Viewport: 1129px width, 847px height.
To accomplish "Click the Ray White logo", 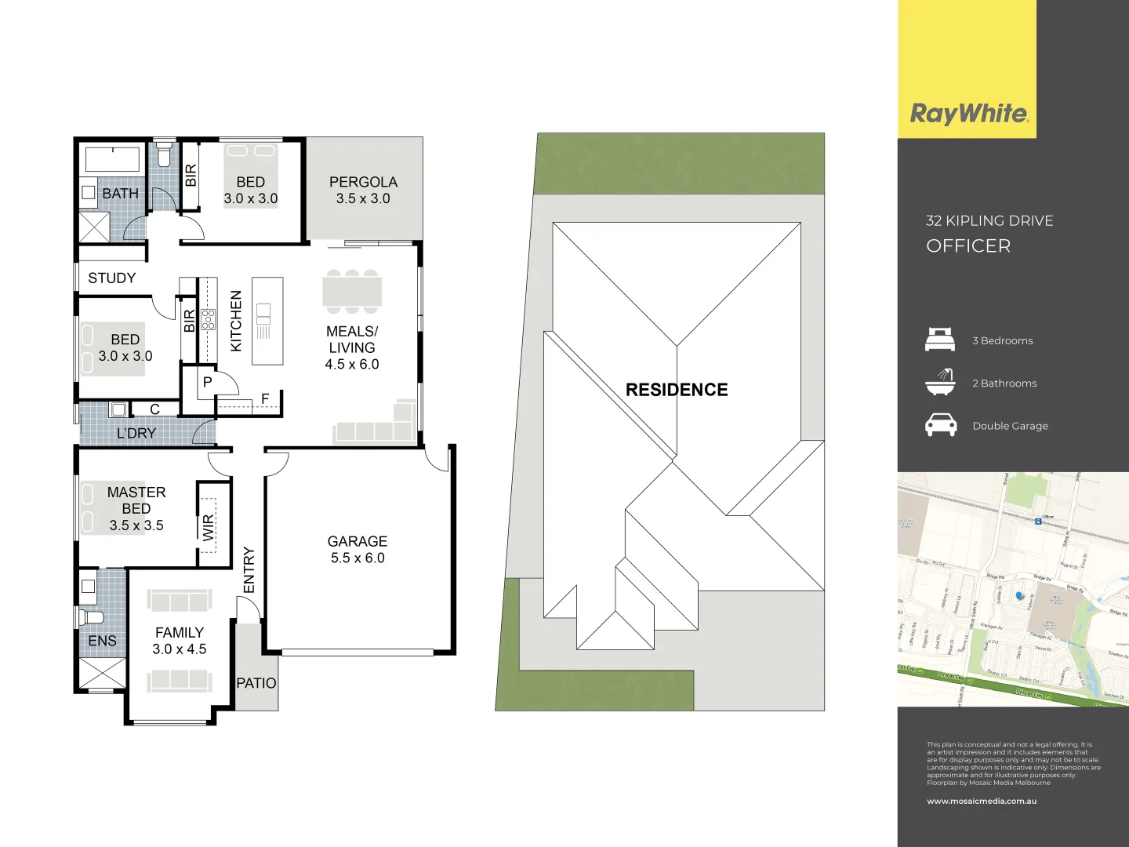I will [x=968, y=114].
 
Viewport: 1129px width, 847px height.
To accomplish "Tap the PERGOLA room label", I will [x=363, y=182].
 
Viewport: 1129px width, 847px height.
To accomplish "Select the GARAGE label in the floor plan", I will [x=358, y=541].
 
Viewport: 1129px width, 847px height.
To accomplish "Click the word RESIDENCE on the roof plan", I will [x=677, y=390].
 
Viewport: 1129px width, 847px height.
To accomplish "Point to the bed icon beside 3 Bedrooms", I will [x=940, y=340].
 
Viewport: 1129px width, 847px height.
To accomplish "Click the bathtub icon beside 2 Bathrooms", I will [x=940, y=382].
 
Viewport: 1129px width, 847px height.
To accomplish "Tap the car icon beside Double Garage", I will [x=941, y=425].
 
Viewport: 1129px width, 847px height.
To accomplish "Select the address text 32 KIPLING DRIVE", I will [x=989, y=221].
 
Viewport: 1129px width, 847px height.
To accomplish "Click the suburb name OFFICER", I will [x=968, y=246].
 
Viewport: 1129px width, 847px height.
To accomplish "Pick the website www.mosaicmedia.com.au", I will [x=982, y=801].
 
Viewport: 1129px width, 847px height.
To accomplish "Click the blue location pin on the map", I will [x=1020, y=596].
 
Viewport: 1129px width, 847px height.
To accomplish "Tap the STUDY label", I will [x=112, y=278].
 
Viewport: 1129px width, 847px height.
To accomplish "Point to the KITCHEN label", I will [x=236, y=321].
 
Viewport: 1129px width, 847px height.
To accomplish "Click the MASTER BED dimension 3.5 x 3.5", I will [x=136, y=525].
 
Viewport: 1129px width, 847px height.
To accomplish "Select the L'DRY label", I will [x=136, y=433].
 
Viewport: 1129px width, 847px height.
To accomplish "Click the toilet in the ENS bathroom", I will [x=89, y=616].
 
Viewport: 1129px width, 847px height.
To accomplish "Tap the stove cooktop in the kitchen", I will [x=208, y=319].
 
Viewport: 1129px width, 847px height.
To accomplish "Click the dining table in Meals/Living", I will [x=352, y=291].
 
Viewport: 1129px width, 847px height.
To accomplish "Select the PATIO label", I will [x=256, y=683].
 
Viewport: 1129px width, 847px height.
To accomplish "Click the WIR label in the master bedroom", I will [x=208, y=526].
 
